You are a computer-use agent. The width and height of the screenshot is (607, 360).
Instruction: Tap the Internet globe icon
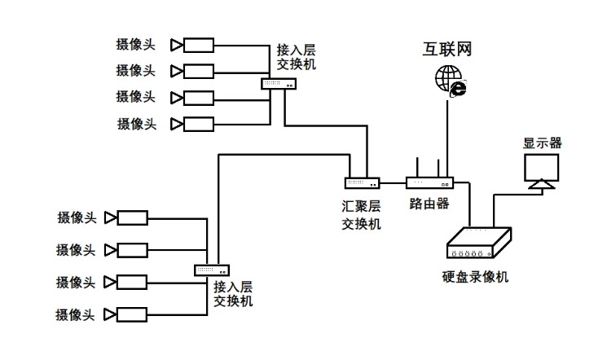coord(449,81)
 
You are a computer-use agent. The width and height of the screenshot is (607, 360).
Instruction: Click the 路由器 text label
coord(429,204)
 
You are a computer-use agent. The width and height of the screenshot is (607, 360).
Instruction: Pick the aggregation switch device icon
coord(362,183)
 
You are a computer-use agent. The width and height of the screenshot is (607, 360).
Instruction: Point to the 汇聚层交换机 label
coord(361,216)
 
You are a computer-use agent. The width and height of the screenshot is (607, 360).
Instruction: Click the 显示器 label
coord(542,144)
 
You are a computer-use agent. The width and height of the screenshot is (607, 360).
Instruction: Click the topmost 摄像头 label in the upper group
coord(136,44)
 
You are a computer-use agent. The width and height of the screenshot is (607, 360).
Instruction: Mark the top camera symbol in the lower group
coord(127,217)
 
